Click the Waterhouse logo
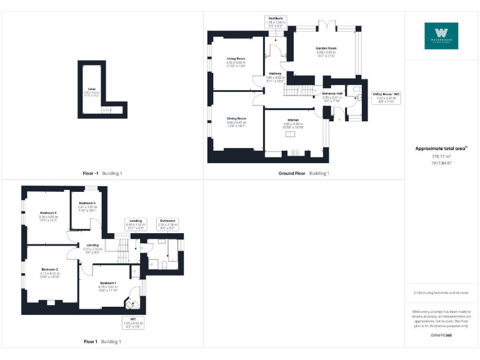point(441,36)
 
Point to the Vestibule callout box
point(274,24)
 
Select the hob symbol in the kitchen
point(296,152)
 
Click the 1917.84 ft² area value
point(441,162)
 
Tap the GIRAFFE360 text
point(441,336)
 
